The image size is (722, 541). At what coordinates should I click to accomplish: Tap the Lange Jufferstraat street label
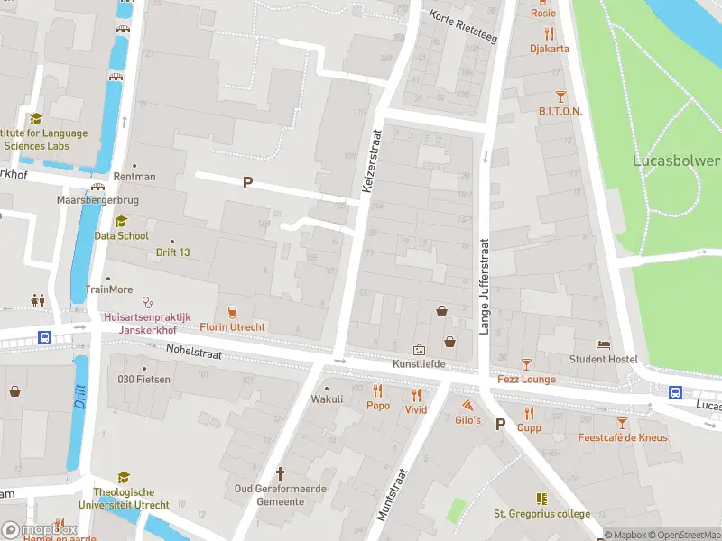484,287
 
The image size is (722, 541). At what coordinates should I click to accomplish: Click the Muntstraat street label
393,494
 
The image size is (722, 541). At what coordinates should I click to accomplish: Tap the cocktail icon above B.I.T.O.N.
560,96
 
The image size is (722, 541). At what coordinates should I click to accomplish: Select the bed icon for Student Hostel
603,344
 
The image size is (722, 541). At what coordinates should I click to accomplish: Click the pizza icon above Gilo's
467,406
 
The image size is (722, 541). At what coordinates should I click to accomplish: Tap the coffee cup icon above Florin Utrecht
233,311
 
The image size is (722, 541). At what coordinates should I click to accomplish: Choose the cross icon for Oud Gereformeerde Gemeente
280,473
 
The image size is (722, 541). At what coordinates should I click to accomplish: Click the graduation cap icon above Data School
122,221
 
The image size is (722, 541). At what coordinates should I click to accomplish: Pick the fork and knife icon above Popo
377,391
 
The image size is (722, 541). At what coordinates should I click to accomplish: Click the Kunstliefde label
419,364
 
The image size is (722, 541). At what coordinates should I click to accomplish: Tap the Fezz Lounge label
526,380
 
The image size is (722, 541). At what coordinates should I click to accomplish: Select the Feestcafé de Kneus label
623,438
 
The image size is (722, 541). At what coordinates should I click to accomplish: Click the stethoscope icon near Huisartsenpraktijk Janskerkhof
147,303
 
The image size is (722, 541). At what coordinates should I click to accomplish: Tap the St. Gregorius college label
541,514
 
